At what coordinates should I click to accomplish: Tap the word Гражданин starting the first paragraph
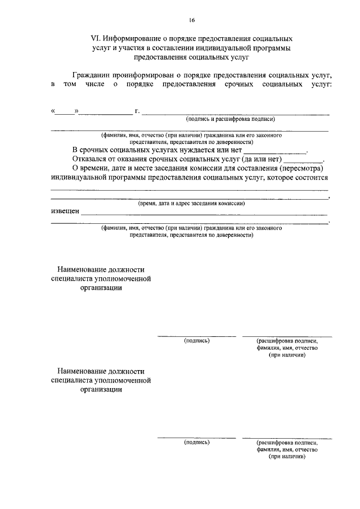point(92,75)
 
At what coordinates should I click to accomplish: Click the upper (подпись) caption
point(197,340)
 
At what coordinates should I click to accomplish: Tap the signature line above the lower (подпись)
point(196,437)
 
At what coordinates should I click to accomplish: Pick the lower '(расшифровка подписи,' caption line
point(287,443)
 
